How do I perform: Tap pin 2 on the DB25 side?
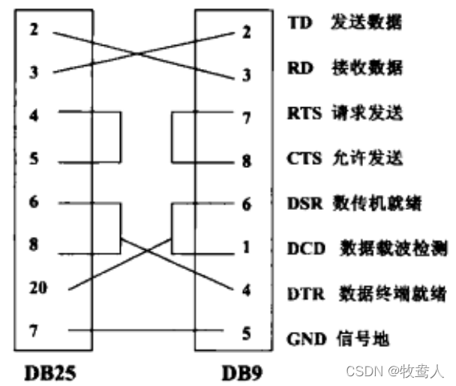click(x=34, y=31)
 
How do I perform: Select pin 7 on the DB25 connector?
click(x=34, y=331)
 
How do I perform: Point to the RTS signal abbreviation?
click(x=304, y=114)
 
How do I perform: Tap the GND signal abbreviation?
click(x=305, y=339)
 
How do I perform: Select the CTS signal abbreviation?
click(x=304, y=159)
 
